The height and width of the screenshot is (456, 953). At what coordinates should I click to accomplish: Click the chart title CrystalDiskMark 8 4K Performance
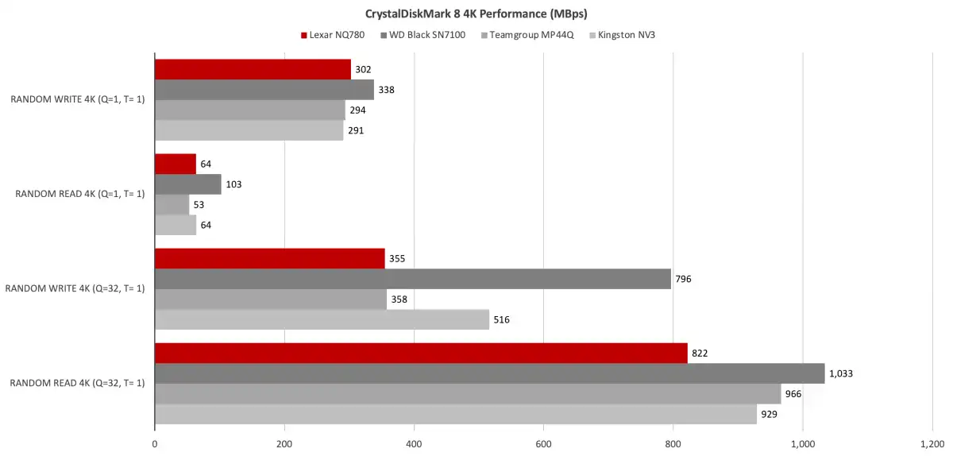click(476, 14)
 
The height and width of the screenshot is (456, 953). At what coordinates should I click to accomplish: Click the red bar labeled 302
click(253, 70)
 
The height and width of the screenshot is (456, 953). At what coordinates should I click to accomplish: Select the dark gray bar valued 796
click(413, 279)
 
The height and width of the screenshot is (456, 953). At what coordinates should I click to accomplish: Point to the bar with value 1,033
click(489, 373)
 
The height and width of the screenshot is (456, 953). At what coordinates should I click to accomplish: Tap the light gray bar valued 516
click(322, 319)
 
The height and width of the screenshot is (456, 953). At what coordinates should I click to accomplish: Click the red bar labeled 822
click(421, 354)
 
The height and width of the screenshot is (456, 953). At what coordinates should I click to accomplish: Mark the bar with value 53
click(172, 204)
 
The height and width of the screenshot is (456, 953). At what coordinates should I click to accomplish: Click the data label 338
click(386, 90)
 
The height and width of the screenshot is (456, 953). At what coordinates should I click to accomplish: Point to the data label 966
click(797, 394)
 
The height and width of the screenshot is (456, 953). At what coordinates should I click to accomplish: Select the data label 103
click(233, 184)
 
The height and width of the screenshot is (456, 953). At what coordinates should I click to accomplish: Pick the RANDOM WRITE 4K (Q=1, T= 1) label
click(78, 100)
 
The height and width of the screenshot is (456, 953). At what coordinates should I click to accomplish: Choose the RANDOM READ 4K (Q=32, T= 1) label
click(77, 383)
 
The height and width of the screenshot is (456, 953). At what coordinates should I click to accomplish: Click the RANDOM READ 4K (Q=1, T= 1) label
click(79, 195)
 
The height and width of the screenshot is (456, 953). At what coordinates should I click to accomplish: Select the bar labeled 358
click(270, 299)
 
